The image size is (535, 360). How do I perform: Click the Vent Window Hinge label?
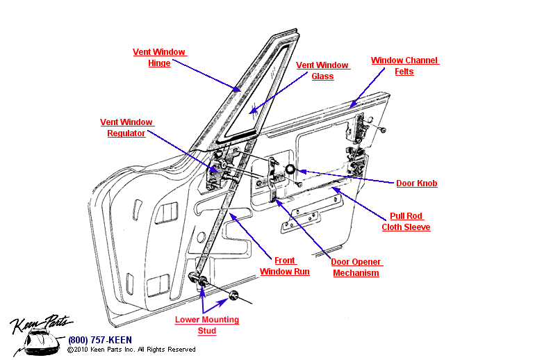(160, 57)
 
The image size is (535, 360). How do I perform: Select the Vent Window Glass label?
(322, 70)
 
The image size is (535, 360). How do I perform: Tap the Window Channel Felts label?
(404, 66)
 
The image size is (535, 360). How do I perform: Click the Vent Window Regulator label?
(126, 127)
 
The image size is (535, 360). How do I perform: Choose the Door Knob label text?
(416, 183)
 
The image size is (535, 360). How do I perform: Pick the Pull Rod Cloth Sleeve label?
(406, 222)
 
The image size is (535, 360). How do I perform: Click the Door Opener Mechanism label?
(356, 268)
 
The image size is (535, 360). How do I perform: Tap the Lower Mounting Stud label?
(206, 325)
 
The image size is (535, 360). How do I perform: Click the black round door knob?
(290, 170)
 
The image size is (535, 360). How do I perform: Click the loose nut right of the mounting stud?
(234, 297)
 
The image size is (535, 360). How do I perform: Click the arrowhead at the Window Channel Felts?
(354, 104)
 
